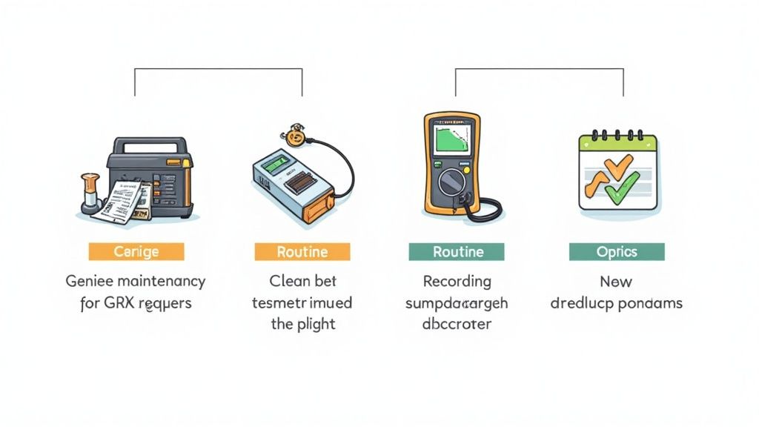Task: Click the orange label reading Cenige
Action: click(x=136, y=252)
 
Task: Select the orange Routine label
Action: click(x=302, y=252)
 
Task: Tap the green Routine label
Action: click(x=458, y=252)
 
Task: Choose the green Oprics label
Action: click(x=617, y=252)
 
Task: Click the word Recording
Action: click(x=457, y=282)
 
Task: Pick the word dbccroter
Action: click(x=457, y=324)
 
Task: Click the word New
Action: click(x=616, y=282)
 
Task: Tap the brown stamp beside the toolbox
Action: click(x=90, y=194)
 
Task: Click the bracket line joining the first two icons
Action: click(x=218, y=69)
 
